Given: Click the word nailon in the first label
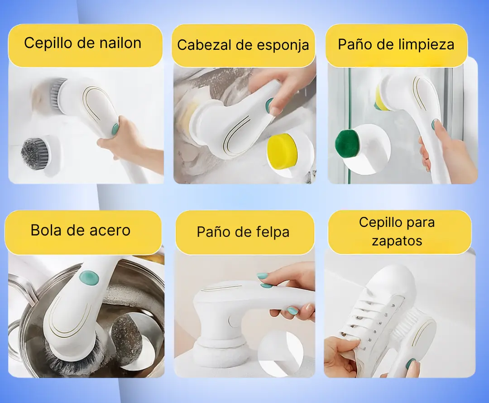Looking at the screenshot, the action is coord(120,43).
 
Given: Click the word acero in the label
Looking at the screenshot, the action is coord(110,230).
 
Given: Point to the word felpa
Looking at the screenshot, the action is coord(273,232).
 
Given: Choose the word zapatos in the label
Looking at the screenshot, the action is coord(397,241).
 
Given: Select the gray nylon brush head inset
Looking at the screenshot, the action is coord(34,152).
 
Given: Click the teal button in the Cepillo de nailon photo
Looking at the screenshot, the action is coord(115,128).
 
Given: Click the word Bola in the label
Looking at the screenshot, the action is coord(46,230).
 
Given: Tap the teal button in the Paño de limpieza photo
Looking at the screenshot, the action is coord(434,125).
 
